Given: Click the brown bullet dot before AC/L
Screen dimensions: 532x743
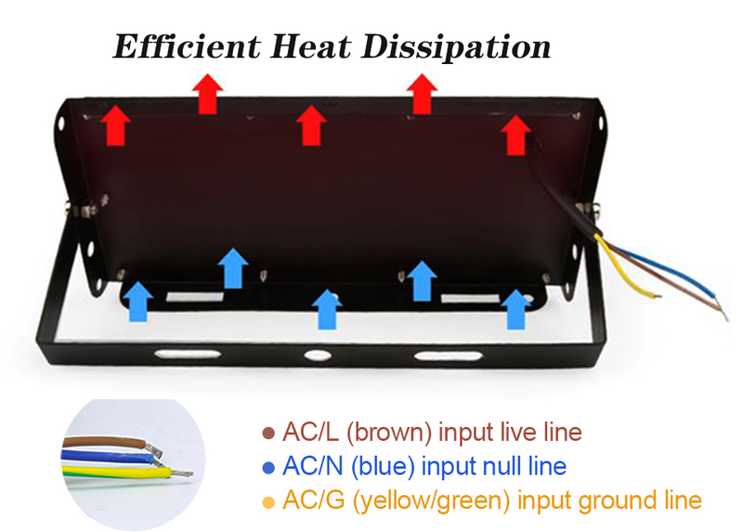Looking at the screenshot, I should point(269,433).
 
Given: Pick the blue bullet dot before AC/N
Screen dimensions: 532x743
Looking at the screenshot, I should point(269,467).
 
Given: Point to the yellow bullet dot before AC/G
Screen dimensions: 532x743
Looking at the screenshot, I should point(269,502).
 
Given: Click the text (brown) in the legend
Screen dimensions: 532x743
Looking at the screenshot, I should point(391,433).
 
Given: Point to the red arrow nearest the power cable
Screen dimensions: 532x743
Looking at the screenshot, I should point(515,136).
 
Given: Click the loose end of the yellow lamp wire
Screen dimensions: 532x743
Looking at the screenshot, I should point(657,296).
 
